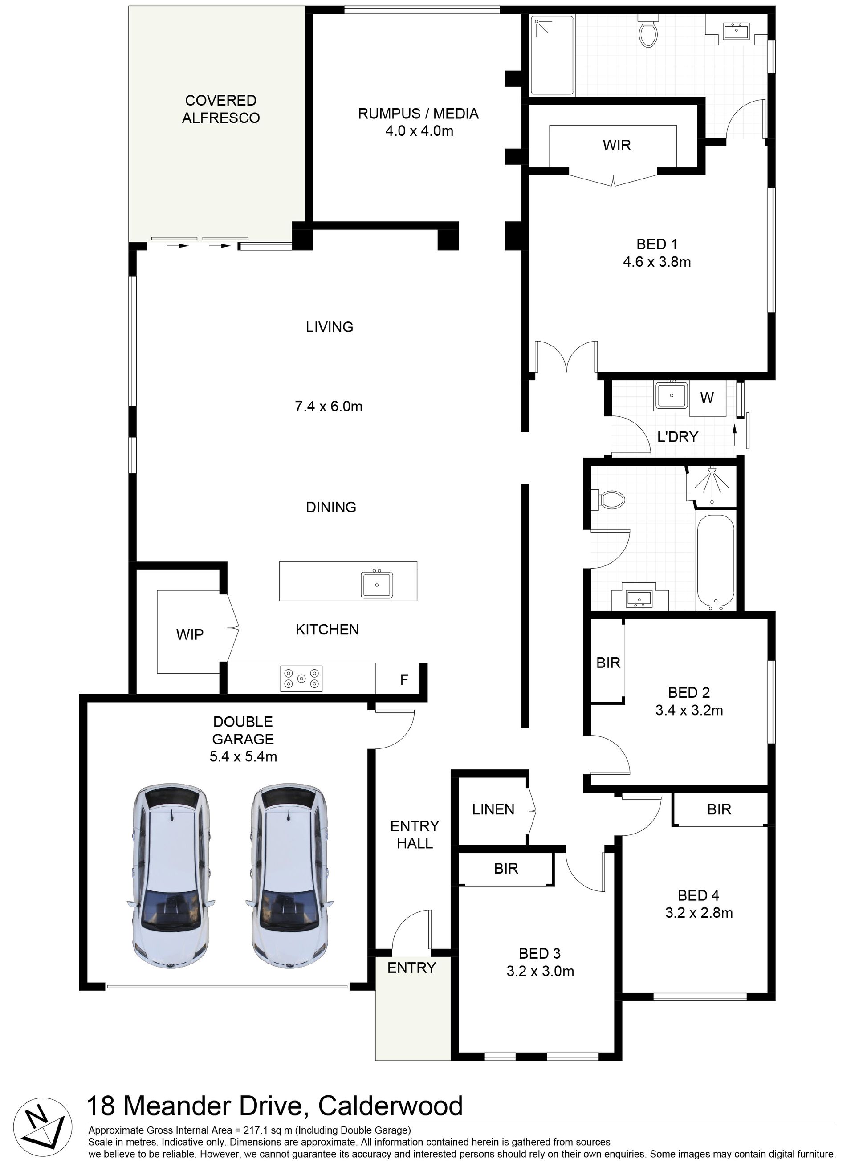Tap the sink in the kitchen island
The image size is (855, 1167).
tap(377, 585)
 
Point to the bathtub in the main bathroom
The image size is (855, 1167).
tap(716, 561)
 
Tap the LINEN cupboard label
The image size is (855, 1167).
tap(493, 809)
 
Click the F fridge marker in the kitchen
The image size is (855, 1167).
tap(404, 679)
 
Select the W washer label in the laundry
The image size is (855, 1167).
tap(707, 398)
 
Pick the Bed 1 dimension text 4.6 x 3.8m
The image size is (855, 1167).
tap(657, 262)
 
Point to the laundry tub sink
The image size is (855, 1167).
tap(671, 396)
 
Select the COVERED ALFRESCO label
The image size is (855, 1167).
tap(221, 109)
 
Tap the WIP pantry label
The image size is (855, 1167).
tap(190, 634)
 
